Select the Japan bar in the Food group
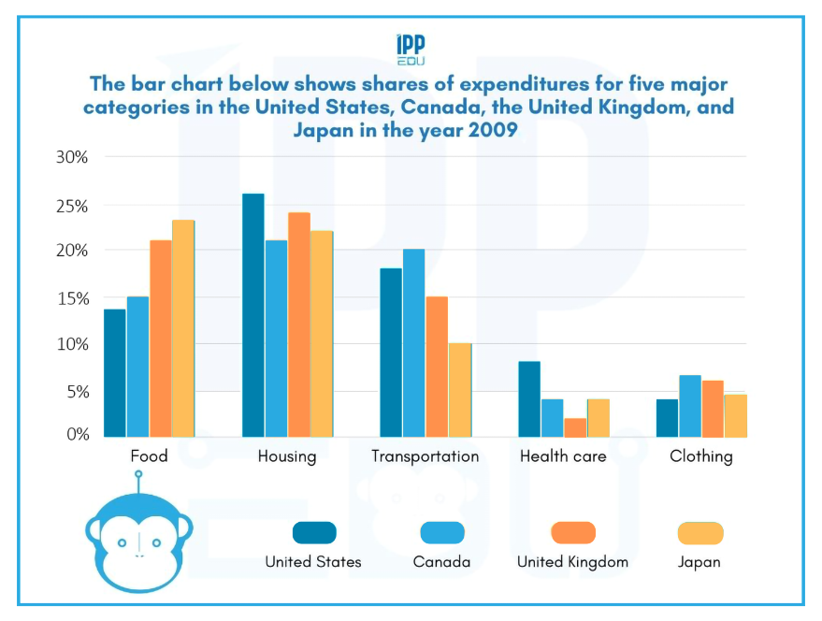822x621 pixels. point(183,328)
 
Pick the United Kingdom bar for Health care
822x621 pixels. point(575,427)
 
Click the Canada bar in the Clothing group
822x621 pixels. point(690,406)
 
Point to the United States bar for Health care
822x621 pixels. point(529,398)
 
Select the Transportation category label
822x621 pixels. point(425,456)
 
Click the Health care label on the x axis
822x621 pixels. point(563,456)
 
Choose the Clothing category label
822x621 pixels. point(701,456)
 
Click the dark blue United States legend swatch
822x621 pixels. point(315,533)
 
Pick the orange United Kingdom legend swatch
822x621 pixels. point(573,533)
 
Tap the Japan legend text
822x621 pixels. point(699,562)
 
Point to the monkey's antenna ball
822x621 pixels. point(138,474)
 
